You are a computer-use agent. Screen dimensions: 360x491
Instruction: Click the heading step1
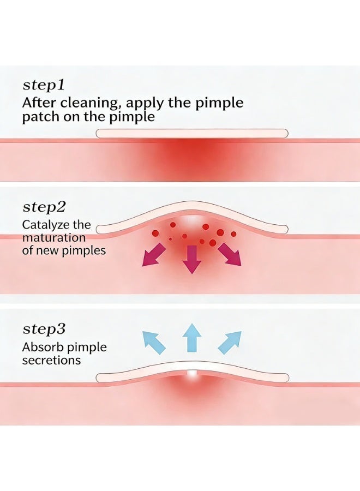44,86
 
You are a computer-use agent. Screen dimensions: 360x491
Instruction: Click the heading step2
44,207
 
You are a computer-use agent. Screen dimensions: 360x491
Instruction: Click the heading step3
44,330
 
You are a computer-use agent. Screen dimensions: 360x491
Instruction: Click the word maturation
54,238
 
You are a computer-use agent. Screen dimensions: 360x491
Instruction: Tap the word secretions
51,360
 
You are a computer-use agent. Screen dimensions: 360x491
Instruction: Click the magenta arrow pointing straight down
191,260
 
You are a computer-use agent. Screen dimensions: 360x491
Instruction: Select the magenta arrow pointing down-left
154,255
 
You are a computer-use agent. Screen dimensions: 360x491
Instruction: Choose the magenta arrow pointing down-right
230,255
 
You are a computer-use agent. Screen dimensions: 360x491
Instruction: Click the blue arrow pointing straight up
192,338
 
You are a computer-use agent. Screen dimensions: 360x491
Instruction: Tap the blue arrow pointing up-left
154,343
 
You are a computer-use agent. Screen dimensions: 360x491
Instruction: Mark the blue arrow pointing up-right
230,343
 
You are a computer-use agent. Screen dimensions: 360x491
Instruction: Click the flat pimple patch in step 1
191,134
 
